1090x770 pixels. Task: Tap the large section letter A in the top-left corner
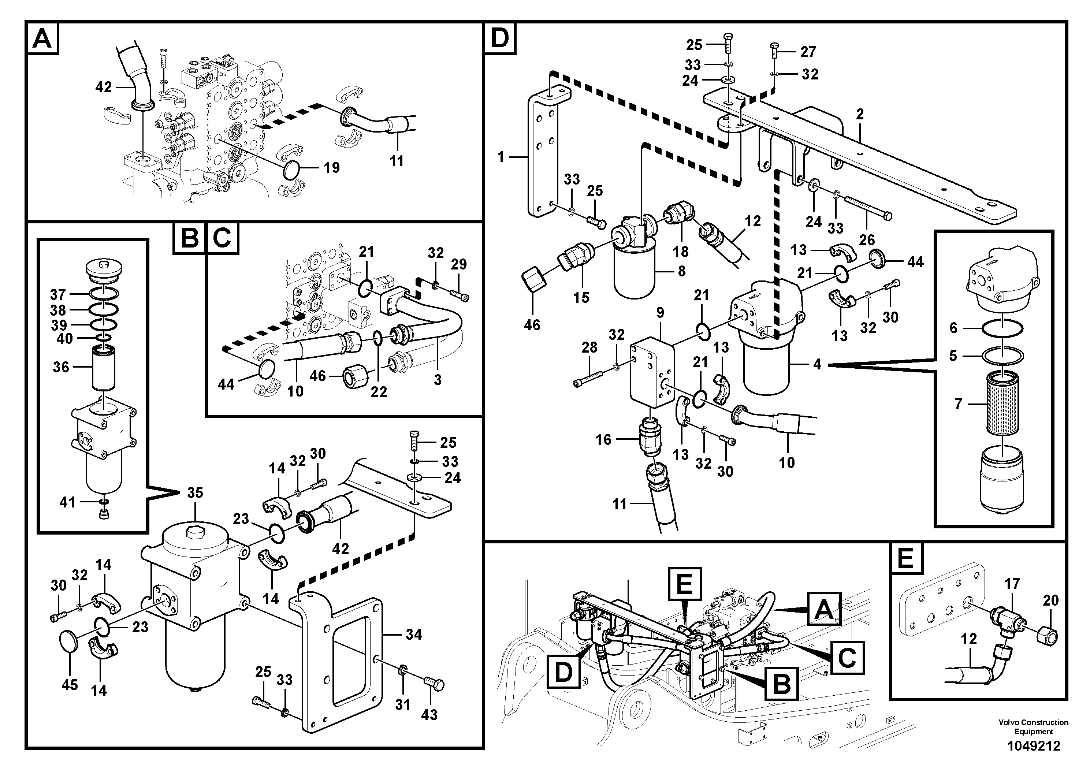pos(43,38)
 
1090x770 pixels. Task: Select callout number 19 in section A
pos(331,168)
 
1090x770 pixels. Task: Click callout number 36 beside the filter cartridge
pos(61,367)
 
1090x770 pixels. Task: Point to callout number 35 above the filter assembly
pos(195,493)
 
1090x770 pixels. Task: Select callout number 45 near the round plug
pos(70,685)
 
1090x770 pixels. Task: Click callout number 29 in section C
pos(459,264)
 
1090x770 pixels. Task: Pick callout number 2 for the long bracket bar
pos(859,114)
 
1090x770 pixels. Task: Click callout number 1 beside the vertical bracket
pos(501,156)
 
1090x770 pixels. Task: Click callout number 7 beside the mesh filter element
pos(958,404)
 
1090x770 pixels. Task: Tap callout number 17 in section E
pos(1012,583)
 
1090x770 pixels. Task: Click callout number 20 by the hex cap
pos(1050,600)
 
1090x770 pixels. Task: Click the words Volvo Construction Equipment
pos(1033,727)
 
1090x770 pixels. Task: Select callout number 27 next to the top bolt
pos(808,52)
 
